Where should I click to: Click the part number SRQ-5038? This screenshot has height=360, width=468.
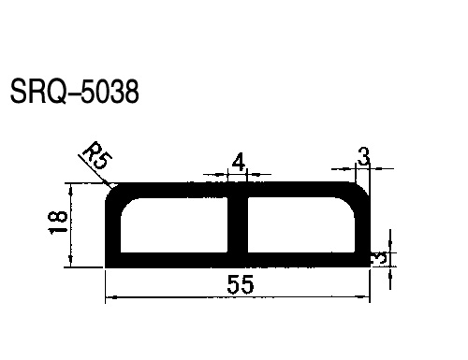tap(74, 91)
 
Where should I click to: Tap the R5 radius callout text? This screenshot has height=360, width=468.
tap(97, 155)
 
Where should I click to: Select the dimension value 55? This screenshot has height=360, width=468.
tap(241, 284)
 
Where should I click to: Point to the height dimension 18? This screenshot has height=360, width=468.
tap(58, 222)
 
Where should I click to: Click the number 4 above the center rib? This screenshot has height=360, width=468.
tap(239, 163)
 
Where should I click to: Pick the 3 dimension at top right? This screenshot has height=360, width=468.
tap(363, 156)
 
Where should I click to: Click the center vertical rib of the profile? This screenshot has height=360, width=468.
tap(238, 224)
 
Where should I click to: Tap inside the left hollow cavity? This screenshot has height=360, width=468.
tap(174, 224)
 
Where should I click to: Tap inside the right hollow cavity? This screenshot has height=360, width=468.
tap(301, 224)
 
